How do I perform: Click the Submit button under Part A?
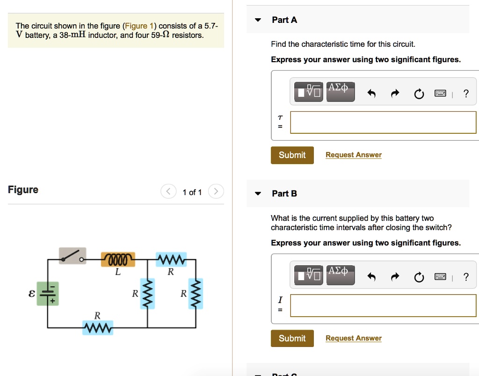[x=292, y=155]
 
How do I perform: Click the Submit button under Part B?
[x=292, y=339]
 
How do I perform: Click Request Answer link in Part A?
[x=353, y=155]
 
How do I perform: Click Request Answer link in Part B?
[x=353, y=338]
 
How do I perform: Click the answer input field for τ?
[x=383, y=123]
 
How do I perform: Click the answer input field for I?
[x=383, y=306]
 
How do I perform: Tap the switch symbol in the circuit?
[x=73, y=255]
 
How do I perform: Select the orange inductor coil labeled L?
[x=118, y=259]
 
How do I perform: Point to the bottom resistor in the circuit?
[x=97, y=328]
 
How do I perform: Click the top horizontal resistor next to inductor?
[x=171, y=259]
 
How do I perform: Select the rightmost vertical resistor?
[x=196, y=294]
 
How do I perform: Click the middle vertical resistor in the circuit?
[x=148, y=294]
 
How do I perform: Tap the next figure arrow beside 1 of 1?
[x=216, y=192]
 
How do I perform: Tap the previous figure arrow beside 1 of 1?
[x=168, y=192]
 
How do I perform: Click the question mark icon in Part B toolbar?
[x=465, y=277]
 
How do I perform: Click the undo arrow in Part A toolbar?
[x=371, y=94]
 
